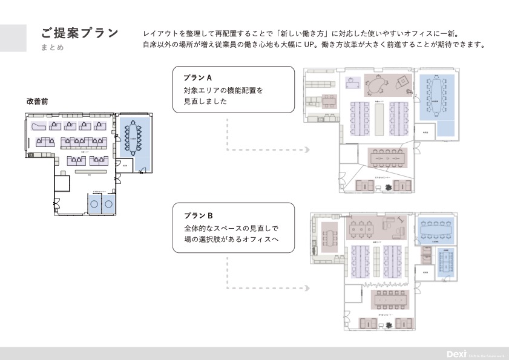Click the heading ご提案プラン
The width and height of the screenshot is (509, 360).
coord(79,33)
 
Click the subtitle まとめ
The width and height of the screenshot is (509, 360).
coord(53,48)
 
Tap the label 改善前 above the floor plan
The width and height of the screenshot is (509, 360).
coord(37,102)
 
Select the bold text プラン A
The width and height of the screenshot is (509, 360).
coord(197,78)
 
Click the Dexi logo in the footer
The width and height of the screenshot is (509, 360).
coord(455,354)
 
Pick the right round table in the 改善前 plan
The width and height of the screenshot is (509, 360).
coord(109,205)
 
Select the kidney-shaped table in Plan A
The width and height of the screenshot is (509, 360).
coord(376,88)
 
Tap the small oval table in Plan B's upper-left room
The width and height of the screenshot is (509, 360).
coord(329,237)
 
